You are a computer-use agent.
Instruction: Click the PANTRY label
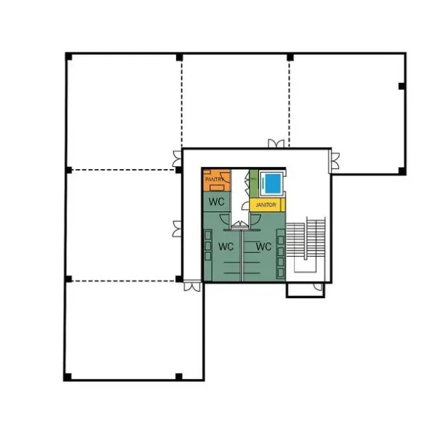(x=215, y=180)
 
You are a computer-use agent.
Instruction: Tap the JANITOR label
(x=265, y=205)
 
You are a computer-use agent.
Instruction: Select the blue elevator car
(x=272, y=183)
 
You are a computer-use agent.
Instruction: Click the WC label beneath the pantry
(x=217, y=202)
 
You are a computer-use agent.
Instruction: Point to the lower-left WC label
(x=226, y=247)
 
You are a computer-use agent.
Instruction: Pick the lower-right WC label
(x=263, y=247)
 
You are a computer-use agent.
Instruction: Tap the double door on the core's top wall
(x=277, y=145)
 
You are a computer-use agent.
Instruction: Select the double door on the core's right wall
(x=333, y=162)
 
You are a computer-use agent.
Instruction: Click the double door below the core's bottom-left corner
(x=190, y=286)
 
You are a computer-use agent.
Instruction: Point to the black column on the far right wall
(x=402, y=86)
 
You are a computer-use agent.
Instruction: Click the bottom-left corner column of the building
(x=66, y=376)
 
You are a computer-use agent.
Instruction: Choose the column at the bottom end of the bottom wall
(x=178, y=376)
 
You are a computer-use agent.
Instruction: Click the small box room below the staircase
(x=305, y=290)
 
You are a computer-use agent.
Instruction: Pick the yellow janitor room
(x=266, y=205)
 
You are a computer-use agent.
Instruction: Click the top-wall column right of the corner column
(x=179, y=56)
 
